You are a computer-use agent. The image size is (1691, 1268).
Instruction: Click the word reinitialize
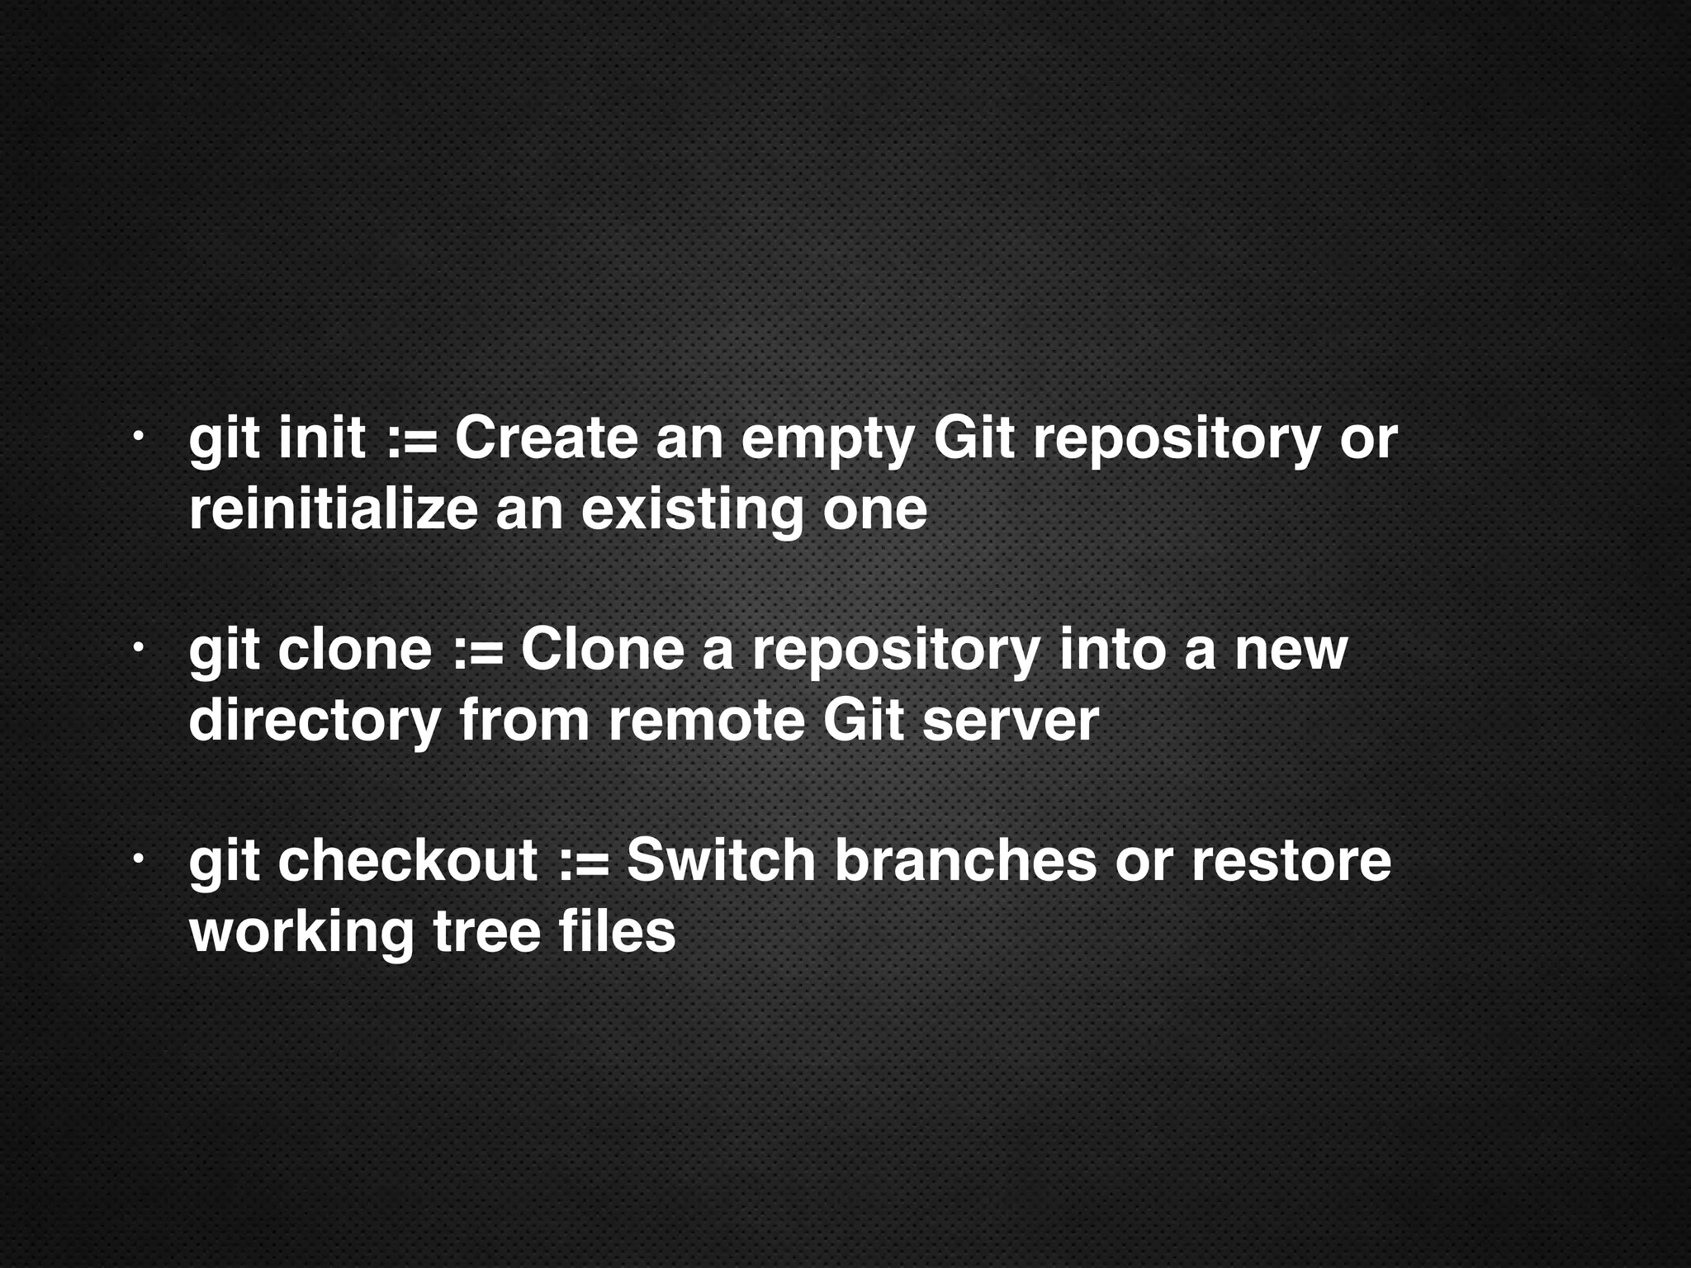tap(333, 509)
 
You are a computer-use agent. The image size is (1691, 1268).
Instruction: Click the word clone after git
tap(354, 649)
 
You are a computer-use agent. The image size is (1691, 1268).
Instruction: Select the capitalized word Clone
tap(602, 649)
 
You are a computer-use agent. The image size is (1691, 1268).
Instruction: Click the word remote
tap(706, 720)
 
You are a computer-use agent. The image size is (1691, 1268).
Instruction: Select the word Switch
tap(721, 860)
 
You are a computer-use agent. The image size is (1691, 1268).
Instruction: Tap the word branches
tap(964, 860)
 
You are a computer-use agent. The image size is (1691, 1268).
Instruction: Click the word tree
tap(486, 931)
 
